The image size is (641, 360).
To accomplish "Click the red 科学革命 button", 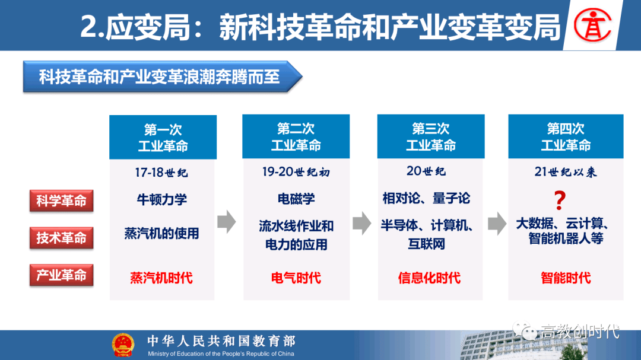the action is coord(61,200).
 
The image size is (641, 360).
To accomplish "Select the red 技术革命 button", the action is coord(61,238).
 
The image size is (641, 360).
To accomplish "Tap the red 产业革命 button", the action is coord(61,275).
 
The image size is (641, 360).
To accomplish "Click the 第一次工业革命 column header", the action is coord(163,138).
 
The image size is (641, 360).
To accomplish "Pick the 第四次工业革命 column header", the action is coord(566,136).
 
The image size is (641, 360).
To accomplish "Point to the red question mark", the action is coord(560,200).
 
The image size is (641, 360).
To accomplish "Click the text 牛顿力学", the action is coord(161,199).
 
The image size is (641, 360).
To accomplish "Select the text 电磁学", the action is coord(296,199).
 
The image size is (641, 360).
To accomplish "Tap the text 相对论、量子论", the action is coord(426,198).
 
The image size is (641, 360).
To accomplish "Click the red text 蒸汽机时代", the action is coord(161,278).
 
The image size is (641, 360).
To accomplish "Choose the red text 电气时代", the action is coord(296,278).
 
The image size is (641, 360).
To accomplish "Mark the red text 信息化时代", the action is coord(429,278).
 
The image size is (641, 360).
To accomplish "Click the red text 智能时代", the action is coord(566,278).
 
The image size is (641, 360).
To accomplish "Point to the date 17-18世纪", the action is coord(161,173).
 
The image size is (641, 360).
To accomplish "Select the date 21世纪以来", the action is coord(566,171).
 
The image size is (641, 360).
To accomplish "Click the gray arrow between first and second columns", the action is coord(227,222).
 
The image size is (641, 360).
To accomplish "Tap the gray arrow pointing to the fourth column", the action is coord(497,223).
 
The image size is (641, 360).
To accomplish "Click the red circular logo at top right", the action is coord(592,26).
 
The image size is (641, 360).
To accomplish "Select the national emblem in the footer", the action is coord(123,345).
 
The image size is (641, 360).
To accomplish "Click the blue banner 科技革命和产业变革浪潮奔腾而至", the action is coord(163,77).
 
